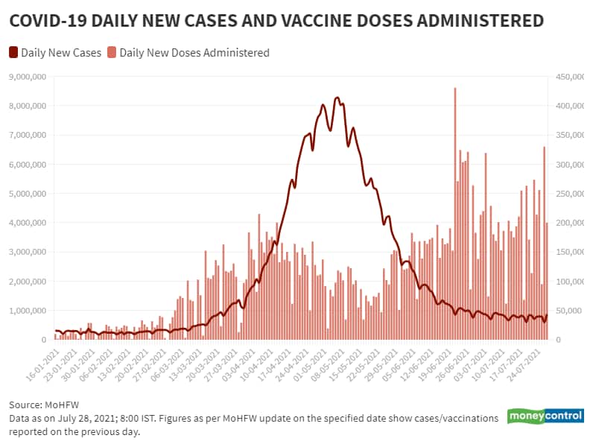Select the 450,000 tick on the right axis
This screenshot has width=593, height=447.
click(x=565, y=77)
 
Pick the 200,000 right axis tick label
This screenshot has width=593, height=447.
click(x=565, y=223)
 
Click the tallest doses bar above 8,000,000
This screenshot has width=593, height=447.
click(x=454, y=89)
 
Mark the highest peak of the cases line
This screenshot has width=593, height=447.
click(x=337, y=98)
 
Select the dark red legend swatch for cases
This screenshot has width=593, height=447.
click(x=13, y=53)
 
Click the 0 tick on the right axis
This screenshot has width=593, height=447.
click(x=554, y=340)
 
